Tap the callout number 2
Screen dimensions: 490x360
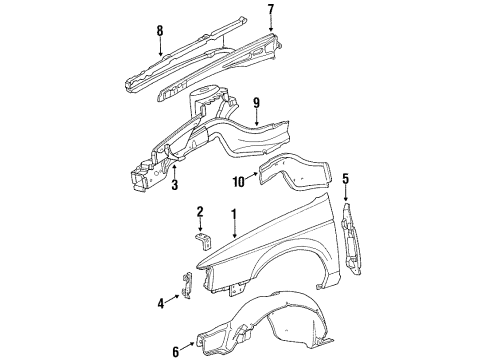(200, 212)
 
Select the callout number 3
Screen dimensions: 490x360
(175, 184)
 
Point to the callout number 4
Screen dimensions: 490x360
(161, 304)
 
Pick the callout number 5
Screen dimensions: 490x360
(346, 179)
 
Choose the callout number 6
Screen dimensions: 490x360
(176, 351)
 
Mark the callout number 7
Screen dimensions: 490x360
(271, 9)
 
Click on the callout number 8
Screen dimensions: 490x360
(160, 31)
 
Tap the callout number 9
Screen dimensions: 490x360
(256, 103)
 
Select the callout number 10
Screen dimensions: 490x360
(239, 182)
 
